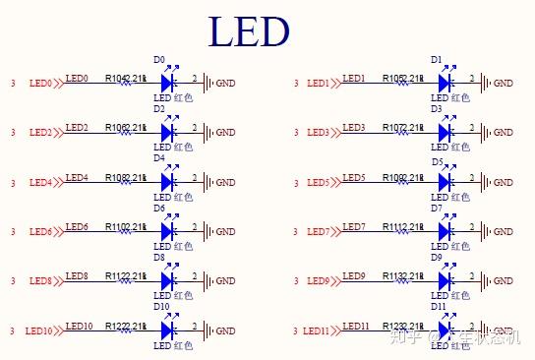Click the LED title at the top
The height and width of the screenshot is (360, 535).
point(249,31)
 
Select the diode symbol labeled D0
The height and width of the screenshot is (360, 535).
point(166,82)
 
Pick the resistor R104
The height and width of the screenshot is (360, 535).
point(126,83)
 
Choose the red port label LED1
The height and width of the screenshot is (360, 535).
point(320,83)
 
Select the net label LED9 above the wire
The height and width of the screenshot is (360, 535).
point(354,275)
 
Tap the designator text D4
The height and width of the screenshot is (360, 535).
point(159,157)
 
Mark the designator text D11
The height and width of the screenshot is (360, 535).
point(437,307)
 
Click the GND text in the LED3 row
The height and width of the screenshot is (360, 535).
point(503,133)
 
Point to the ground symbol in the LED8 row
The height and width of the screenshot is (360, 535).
point(207,281)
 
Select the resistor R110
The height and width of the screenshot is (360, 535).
point(126,231)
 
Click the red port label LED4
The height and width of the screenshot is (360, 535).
point(40,183)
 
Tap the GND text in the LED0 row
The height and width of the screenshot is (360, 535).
point(225,83)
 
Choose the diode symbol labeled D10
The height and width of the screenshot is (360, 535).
point(166,330)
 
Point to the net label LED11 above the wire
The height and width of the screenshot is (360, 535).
point(356,326)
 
